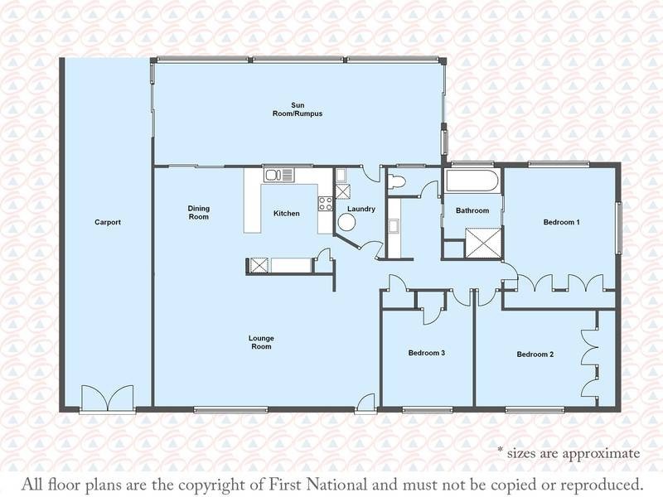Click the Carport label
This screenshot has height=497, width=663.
tap(108, 222)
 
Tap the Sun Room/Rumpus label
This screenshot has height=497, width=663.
tap(298, 109)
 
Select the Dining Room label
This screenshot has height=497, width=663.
tap(199, 213)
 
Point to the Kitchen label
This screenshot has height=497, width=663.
tap(286, 214)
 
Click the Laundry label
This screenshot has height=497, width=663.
tap(361, 209)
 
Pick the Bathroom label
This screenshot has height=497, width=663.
tap(472, 210)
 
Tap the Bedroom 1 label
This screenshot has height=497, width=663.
tap(562, 222)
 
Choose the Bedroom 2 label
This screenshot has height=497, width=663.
tap(535, 355)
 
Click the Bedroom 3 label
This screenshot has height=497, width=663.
tap(427, 353)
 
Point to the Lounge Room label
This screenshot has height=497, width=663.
tap(261, 342)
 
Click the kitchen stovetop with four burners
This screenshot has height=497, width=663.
tap(326, 204)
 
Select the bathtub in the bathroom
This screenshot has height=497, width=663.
tap(472, 181)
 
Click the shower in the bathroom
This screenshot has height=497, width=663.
tap(483, 242)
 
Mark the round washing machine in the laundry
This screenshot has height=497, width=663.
tap(346, 222)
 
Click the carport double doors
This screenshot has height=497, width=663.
tap(108, 398)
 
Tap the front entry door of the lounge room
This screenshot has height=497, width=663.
tap(365, 403)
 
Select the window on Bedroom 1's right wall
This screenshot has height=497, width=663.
tap(618, 229)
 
